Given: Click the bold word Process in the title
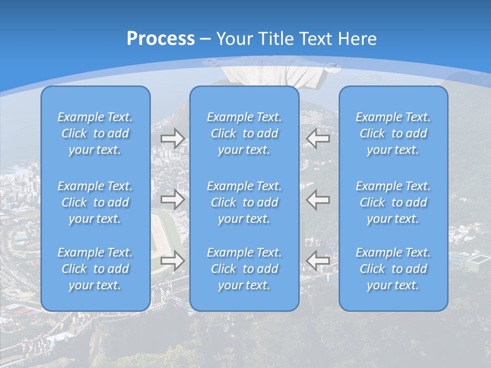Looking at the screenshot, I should [x=161, y=38].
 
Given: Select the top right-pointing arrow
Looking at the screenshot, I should [x=173, y=139].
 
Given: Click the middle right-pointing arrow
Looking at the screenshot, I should [x=173, y=199].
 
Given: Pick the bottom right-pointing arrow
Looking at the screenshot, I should [x=173, y=261].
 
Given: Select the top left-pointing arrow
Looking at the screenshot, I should [x=318, y=139].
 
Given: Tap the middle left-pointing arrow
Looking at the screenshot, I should [x=318, y=199].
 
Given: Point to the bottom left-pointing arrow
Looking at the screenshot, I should [x=318, y=261].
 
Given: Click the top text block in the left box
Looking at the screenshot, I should [x=95, y=133].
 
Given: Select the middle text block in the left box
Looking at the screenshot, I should [x=95, y=202].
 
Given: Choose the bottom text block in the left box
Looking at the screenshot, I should [x=95, y=269].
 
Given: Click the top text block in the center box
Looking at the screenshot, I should [x=244, y=133].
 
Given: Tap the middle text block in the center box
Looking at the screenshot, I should [x=244, y=202].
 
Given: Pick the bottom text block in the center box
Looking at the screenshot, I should [x=244, y=269].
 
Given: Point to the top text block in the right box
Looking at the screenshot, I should [x=393, y=133].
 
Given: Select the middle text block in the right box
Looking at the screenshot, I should [x=393, y=202].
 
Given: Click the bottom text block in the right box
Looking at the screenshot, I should [x=393, y=269].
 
